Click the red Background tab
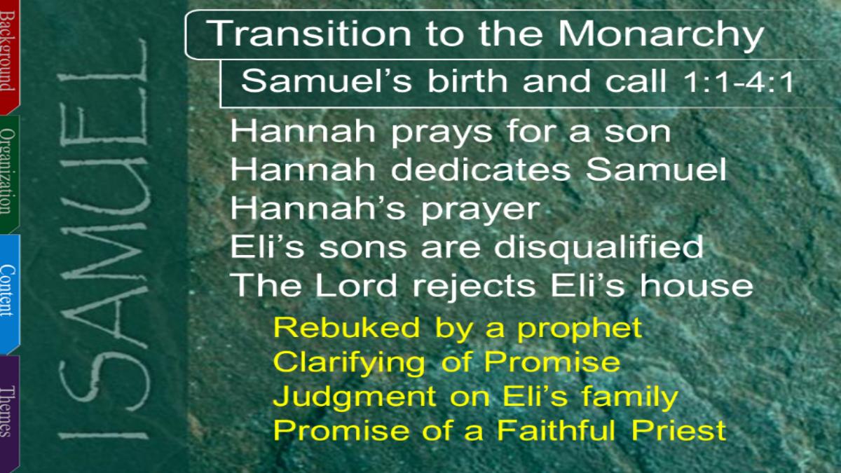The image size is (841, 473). click(9, 56)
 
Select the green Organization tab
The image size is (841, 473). click(9, 174)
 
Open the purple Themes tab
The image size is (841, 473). click(9, 413)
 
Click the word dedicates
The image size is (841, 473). click(481, 170)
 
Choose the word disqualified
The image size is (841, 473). click(599, 247)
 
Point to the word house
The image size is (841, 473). click(697, 285)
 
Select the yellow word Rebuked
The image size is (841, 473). click(346, 328)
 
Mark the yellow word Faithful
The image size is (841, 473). click(556, 430)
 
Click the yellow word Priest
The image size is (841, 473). click(679, 430)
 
